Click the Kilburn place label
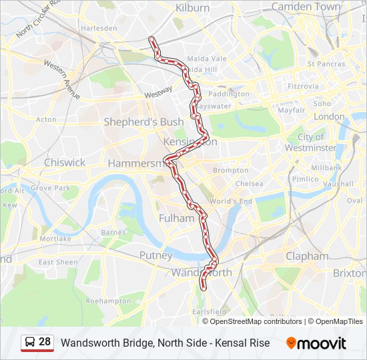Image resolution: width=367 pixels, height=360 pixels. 192,8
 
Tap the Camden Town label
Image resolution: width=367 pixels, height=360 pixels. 306,7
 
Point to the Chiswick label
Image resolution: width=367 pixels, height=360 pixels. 65,162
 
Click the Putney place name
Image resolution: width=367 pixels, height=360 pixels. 155,255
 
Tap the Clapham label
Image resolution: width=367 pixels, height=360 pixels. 307,256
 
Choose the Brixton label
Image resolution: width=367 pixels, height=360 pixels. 349,273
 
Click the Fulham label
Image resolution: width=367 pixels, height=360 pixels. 176,218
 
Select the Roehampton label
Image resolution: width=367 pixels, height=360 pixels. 108,301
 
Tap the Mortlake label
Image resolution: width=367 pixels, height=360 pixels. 55,238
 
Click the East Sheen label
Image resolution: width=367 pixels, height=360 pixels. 58,262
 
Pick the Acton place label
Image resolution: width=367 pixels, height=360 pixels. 47,119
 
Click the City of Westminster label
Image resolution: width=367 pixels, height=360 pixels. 310,142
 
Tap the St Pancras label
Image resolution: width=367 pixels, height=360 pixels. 326,64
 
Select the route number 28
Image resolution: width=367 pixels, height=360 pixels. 45,342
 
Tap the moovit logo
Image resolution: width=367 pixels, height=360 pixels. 316,343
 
